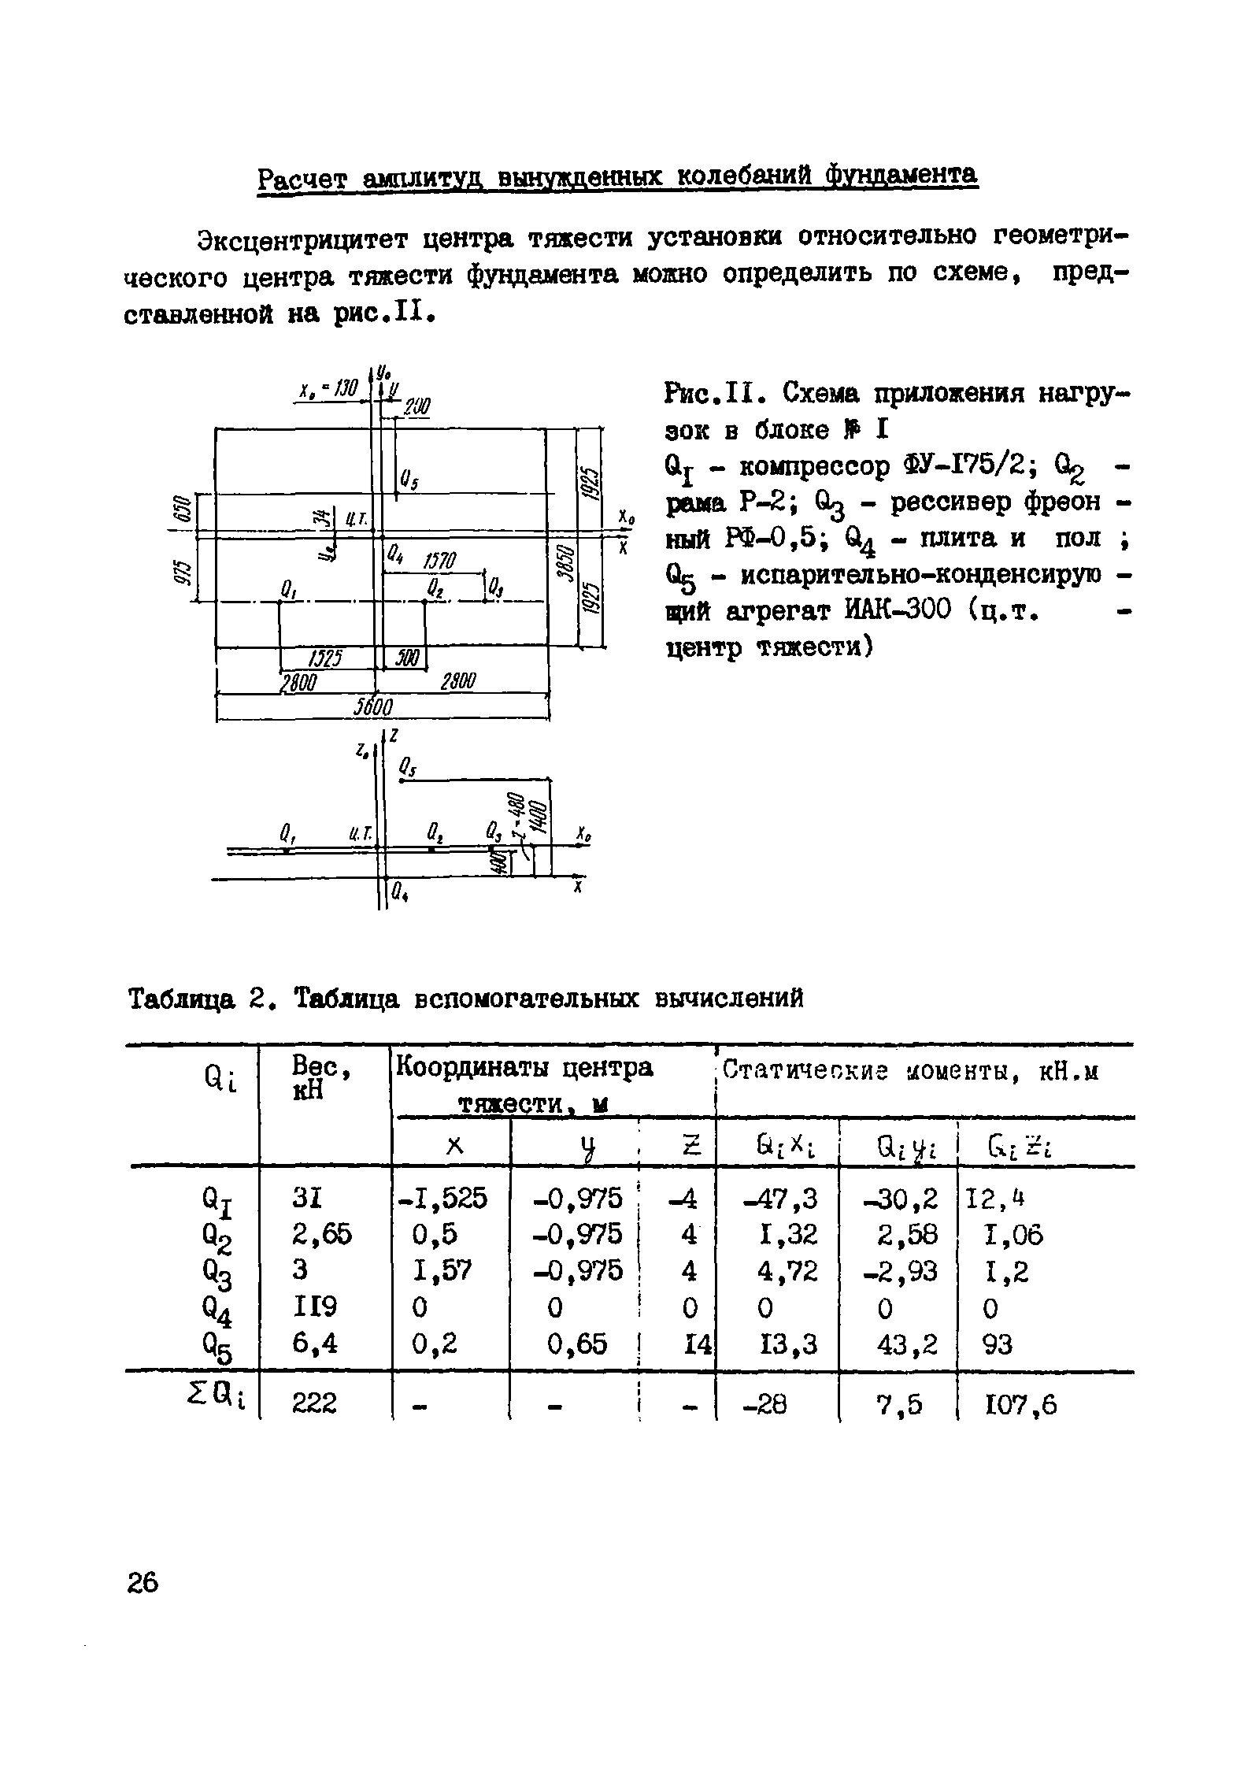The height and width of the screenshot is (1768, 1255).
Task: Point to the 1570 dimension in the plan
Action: pyautogui.click(x=439, y=561)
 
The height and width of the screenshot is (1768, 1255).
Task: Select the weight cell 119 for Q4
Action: pyautogui.click(x=315, y=1308)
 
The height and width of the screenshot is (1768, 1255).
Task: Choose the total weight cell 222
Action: pyautogui.click(x=314, y=1403)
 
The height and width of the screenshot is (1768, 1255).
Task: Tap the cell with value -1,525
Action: pyautogui.click(x=442, y=1198)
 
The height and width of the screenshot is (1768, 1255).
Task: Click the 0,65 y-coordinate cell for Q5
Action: pyautogui.click(x=578, y=1344)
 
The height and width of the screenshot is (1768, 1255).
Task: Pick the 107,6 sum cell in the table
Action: pyautogui.click(x=1022, y=1403)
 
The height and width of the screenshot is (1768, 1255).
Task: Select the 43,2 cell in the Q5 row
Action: pyautogui.click(x=908, y=1344)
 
